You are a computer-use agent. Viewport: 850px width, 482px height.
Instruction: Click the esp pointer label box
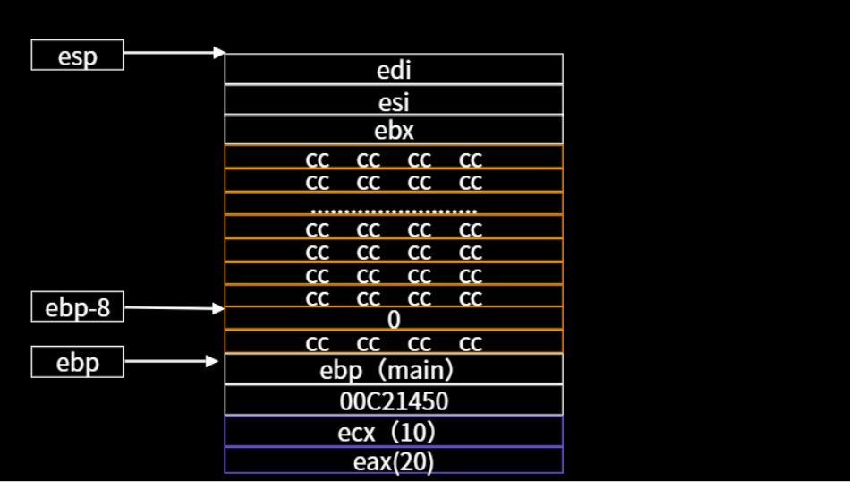(77, 55)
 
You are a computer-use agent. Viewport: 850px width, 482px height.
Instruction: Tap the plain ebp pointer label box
(77, 362)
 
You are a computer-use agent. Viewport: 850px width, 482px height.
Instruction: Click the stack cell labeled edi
(394, 69)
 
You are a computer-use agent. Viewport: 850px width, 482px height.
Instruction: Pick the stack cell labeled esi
(394, 100)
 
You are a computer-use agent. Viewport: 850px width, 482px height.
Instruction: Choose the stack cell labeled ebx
(394, 130)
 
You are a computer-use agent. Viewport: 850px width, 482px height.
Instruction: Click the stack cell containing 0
(394, 319)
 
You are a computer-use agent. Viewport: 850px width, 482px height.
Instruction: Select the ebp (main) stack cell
(394, 369)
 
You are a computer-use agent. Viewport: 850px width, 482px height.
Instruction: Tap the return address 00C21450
(394, 400)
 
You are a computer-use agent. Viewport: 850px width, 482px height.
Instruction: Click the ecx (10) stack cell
(394, 431)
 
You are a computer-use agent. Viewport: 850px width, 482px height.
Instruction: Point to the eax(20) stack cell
(394, 460)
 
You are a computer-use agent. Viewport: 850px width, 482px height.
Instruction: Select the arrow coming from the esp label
(174, 53)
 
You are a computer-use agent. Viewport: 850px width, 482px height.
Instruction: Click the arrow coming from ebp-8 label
(174, 308)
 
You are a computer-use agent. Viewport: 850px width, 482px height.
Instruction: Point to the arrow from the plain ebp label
(171, 362)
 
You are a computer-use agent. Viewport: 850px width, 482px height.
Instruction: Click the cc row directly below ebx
(394, 159)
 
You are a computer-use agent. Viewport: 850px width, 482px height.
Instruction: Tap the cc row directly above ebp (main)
(394, 342)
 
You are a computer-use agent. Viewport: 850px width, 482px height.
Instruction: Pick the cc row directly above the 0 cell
(394, 297)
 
